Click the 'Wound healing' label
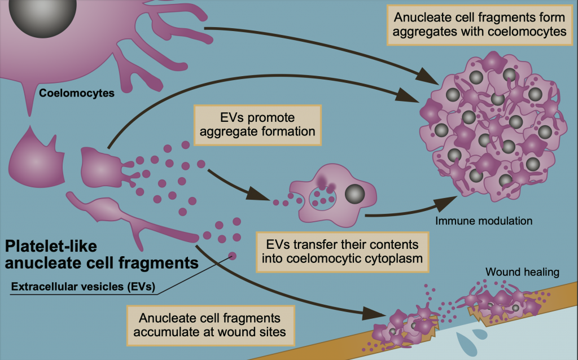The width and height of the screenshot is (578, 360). [522, 273]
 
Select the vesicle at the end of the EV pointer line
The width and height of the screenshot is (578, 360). [232, 257]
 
